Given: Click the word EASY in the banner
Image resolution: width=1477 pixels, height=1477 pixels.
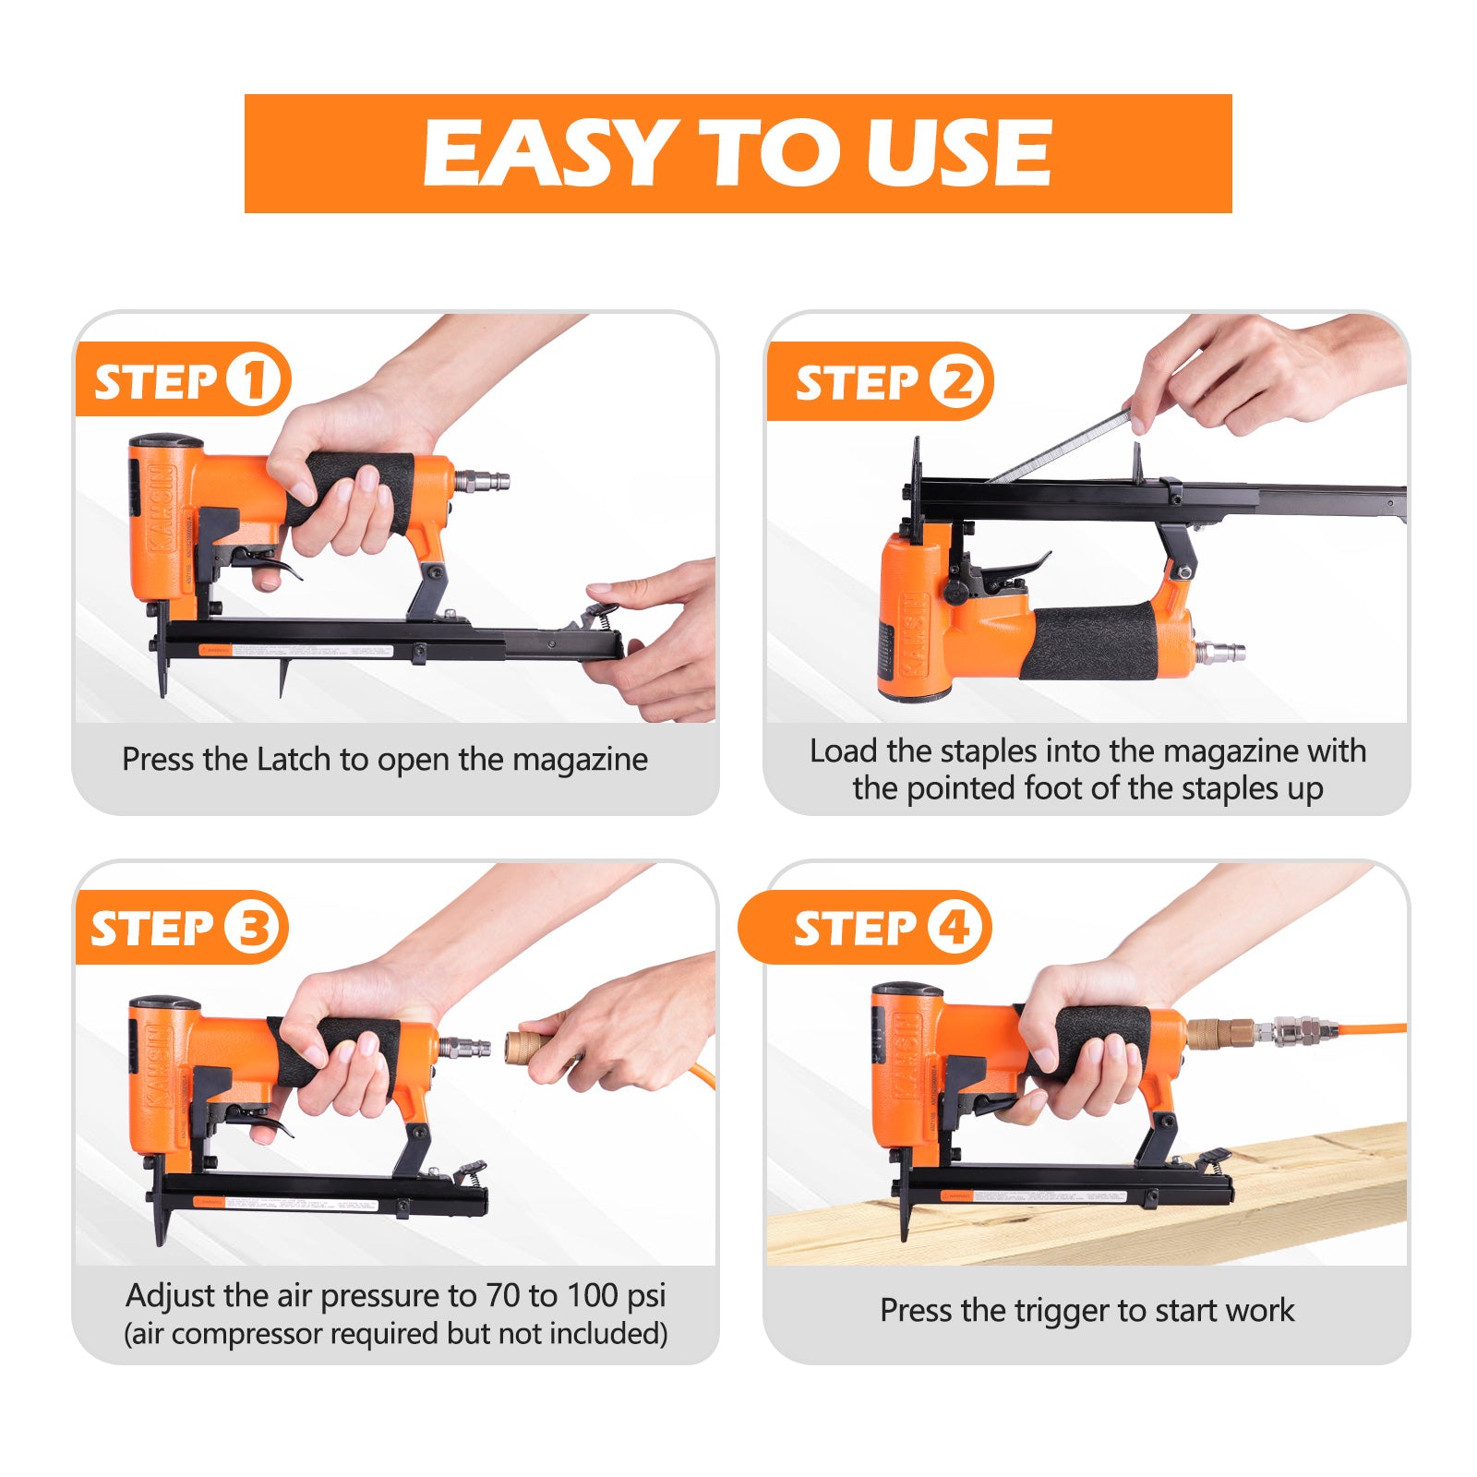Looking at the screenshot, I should click(x=545, y=153).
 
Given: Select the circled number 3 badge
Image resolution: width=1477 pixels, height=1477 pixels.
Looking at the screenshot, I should click(x=251, y=927).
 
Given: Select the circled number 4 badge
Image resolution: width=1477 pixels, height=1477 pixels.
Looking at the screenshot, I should click(x=954, y=927).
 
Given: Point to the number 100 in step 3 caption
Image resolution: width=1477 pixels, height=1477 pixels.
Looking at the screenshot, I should click(x=592, y=1296).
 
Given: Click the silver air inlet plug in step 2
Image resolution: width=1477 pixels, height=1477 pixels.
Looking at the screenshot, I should click(x=1220, y=652).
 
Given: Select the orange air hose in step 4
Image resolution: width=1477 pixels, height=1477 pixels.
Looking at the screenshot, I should click(x=1375, y=1027).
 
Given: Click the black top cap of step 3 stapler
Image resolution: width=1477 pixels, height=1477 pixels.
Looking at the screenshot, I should click(x=164, y=1003).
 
